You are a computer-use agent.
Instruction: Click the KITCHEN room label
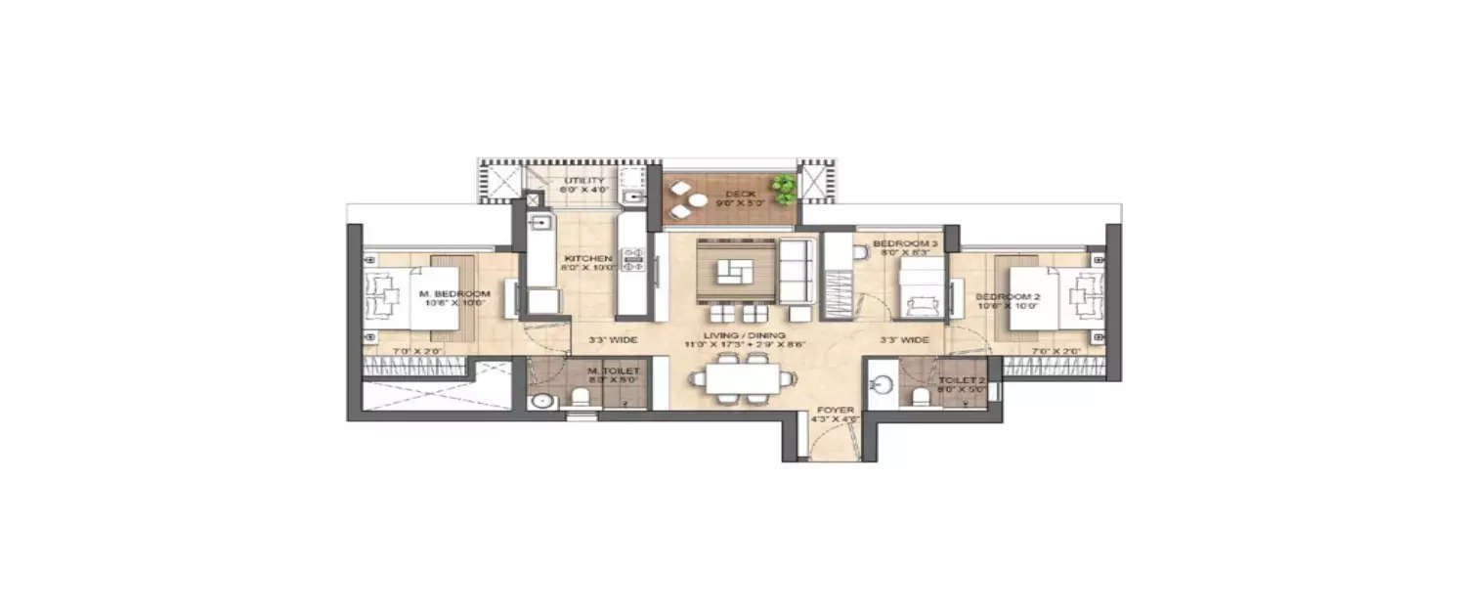click(587, 259)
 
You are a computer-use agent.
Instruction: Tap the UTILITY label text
click(584, 181)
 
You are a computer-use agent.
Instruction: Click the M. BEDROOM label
click(440, 295)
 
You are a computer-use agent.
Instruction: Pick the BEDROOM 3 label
click(898, 242)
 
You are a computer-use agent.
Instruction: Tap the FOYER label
click(835, 411)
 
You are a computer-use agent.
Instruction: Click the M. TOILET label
click(614, 371)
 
